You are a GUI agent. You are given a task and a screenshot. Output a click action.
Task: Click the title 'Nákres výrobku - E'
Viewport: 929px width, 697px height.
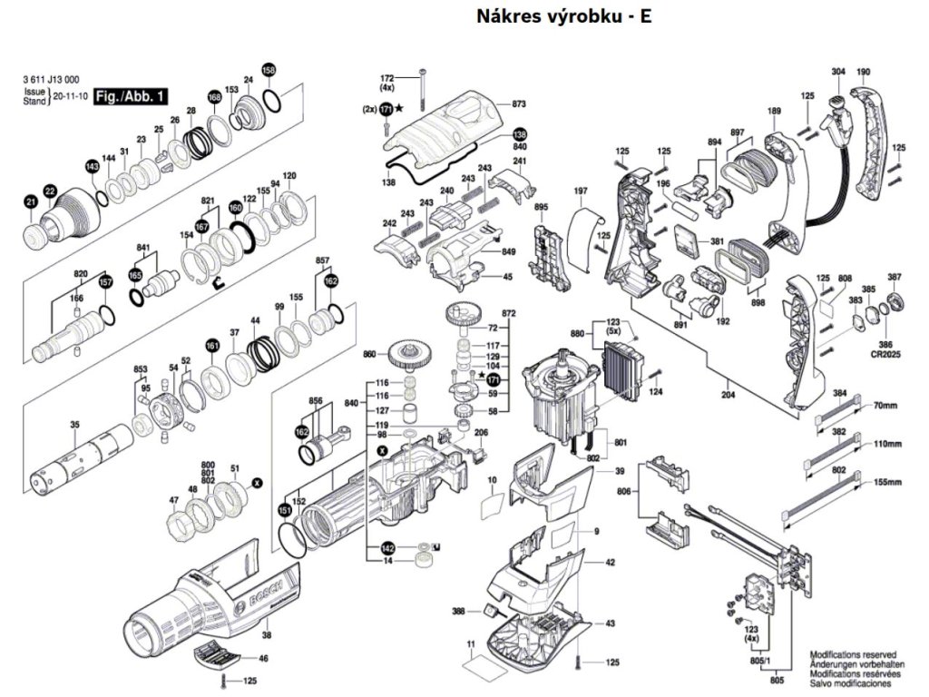pos(563,16)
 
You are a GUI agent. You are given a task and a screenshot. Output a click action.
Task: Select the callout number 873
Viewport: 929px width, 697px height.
pos(519,104)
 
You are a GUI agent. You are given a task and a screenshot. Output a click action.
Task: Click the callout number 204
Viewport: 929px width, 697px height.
pos(728,395)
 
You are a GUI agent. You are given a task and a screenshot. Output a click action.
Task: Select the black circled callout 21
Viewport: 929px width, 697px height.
pos(30,201)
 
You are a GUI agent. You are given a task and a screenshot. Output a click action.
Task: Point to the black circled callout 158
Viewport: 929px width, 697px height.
pos(268,70)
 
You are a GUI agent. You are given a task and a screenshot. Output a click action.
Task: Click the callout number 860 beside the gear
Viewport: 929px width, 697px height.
pos(369,353)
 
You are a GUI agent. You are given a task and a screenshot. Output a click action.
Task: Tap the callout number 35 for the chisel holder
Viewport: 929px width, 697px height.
pos(75,424)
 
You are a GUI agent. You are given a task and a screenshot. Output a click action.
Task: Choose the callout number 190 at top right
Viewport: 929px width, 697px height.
pos(863,72)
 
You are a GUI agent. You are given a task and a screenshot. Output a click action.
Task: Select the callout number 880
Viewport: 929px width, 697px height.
pos(577,334)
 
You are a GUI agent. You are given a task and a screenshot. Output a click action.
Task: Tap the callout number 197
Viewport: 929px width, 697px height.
pos(582,191)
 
